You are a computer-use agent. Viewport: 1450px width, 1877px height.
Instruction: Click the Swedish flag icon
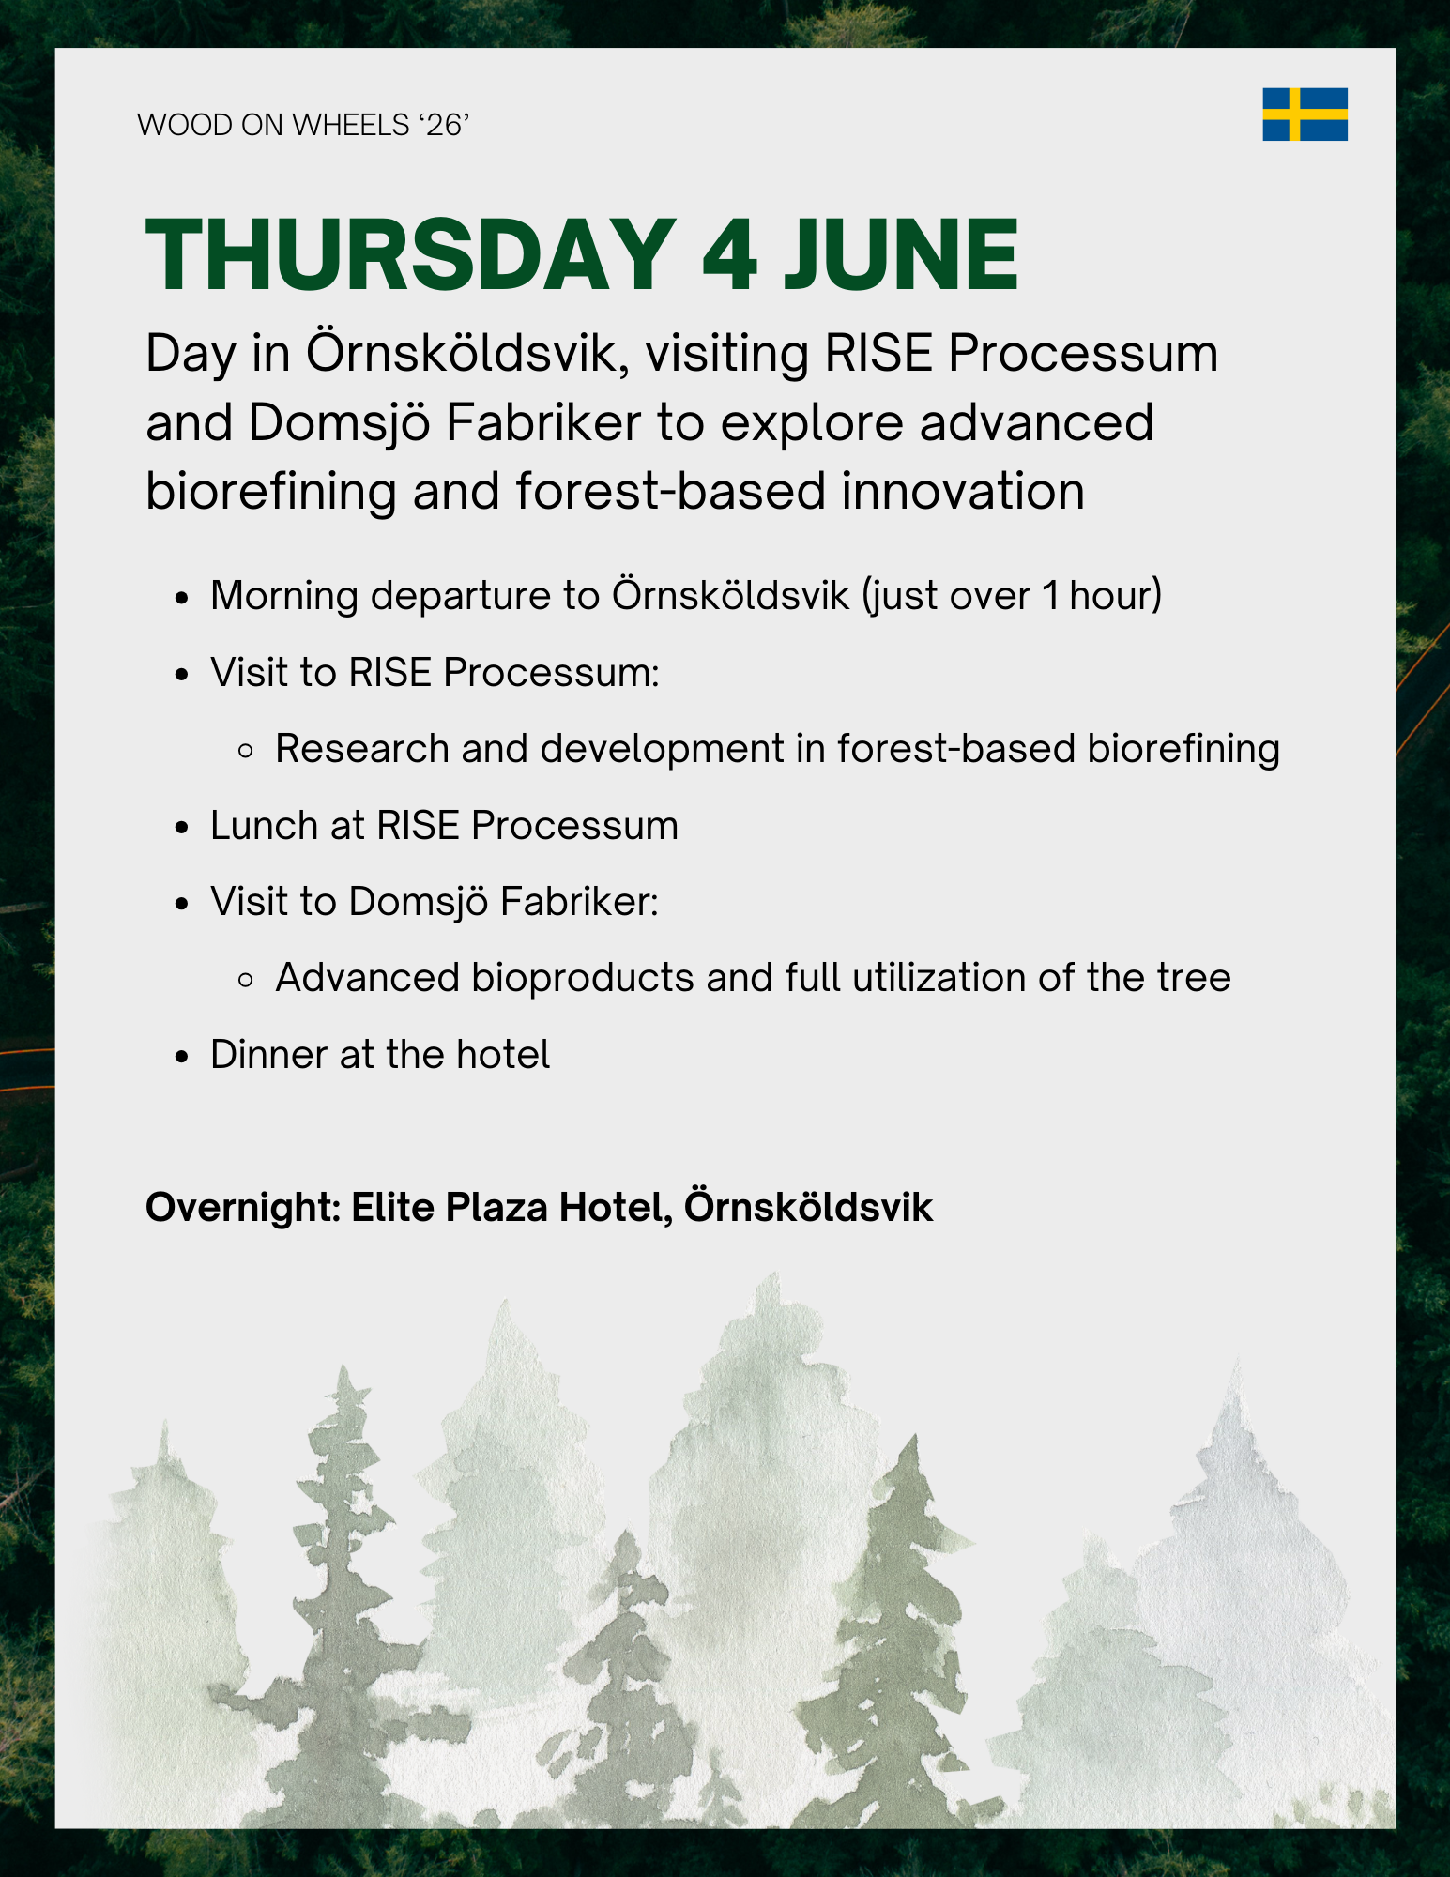point(1305,114)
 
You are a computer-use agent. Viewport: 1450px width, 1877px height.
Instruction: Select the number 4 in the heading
point(730,255)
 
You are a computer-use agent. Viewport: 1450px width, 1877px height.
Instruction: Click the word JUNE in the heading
point(902,255)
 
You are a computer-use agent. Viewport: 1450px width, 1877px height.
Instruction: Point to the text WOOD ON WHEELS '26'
point(303,125)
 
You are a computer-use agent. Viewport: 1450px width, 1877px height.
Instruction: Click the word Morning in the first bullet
point(284,596)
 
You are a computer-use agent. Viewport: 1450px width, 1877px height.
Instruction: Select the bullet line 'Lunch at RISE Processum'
point(444,826)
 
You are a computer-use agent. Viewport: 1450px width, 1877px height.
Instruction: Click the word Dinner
point(269,1055)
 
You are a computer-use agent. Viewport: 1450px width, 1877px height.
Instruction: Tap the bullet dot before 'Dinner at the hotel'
point(183,1057)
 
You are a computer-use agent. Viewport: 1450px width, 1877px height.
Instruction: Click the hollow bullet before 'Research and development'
point(247,751)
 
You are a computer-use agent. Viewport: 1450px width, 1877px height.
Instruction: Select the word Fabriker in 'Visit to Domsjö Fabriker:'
point(579,902)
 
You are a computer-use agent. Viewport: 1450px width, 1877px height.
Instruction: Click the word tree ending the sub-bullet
point(1194,978)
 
